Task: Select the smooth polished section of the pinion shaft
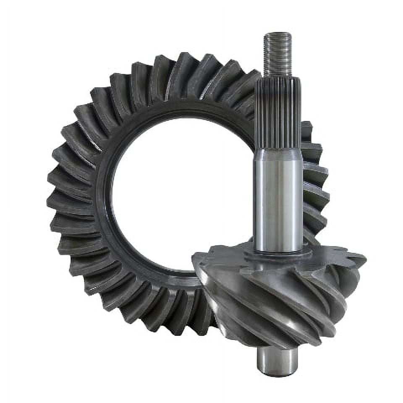click(278, 197)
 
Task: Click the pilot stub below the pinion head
click(277, 361)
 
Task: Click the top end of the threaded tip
click(277, 34)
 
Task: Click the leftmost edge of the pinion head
click(194, 258)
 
